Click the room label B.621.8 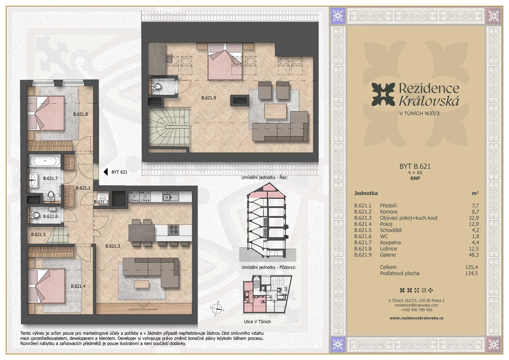coord(80,114)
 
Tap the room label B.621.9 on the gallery coord(209,98)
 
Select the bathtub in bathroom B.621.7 coord(45,161)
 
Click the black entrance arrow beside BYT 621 coord(106,172)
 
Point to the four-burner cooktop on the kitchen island coord(173,230)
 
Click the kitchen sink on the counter coord(171,197)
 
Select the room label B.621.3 coord(113,246)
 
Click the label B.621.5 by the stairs coord(38,234)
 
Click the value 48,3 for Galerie coord(474,255)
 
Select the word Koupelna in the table coord(390,243)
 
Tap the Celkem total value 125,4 coord(471,267)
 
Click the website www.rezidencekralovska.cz coord(416,318)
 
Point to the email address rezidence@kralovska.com coord(416,305)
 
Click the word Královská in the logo coord(429,101)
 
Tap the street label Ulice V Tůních coord(257,322)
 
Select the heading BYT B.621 coord(415,167)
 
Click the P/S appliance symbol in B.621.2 coord(103,198)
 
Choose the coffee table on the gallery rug coord(275,111)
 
